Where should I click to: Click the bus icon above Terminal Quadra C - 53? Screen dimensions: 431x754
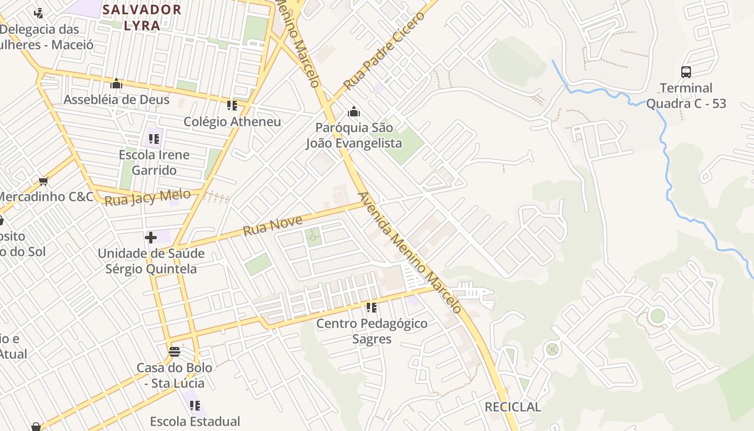686,72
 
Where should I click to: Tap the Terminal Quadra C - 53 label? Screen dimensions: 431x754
686,96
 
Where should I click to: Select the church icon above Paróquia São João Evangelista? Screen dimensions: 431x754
354,112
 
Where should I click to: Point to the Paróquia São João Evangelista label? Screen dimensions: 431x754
354,135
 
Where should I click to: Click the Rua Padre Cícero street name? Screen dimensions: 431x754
384,51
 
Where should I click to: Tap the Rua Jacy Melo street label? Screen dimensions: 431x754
148,198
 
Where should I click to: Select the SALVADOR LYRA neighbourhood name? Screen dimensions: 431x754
142,17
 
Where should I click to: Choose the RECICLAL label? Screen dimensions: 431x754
513,407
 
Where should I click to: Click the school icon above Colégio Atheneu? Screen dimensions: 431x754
232,106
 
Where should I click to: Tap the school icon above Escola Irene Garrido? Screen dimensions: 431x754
154,139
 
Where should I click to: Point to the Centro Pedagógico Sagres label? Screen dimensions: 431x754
372,331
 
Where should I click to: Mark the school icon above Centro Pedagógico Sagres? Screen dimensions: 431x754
371,308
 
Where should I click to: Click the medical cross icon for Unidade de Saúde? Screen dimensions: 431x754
151,237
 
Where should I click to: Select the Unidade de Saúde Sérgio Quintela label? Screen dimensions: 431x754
151,261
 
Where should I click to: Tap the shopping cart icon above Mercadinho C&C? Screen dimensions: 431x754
44,181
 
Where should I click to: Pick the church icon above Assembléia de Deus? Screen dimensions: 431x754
116,84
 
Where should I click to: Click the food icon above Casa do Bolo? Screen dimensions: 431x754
174,352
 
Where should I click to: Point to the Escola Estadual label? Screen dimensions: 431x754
195,421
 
